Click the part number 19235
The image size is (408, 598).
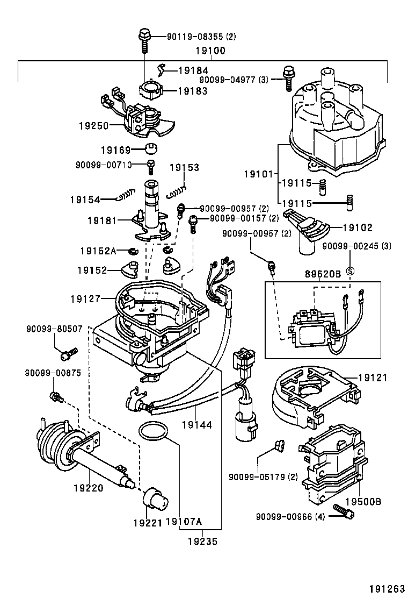202,542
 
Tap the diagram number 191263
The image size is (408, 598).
385,588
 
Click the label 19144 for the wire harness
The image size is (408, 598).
196,425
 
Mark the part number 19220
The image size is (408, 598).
88,488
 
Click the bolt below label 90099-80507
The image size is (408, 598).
68,353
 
